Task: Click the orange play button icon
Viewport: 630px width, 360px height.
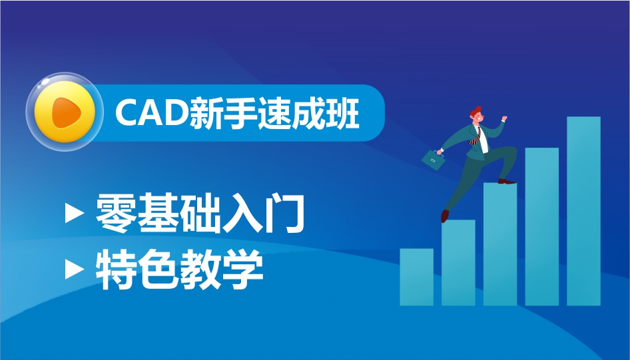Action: click(x=65, y=112)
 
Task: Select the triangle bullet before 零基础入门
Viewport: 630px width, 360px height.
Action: click(x=75, y=213)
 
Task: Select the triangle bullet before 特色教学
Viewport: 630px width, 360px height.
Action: click(x=75, y=269)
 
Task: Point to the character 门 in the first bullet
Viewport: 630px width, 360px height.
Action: click(x=284, y=213)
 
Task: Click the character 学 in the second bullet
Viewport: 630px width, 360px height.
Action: click(x=242, y=270)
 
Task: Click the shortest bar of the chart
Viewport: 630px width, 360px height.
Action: click(x=417, y=277)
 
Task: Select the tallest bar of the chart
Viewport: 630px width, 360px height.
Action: click(x=584, y=211)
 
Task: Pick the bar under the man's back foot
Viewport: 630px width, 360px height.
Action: click(x=458, y=262)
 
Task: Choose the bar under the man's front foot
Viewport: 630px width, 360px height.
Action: click(x=500, y=244)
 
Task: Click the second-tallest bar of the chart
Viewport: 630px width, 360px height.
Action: click(x=542, y=227)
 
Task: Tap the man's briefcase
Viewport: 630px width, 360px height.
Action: click(x=434, y=160)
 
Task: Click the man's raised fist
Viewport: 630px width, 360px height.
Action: click(x=503, y=118)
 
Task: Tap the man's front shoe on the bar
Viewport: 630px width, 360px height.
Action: click(x=507, y=182)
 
